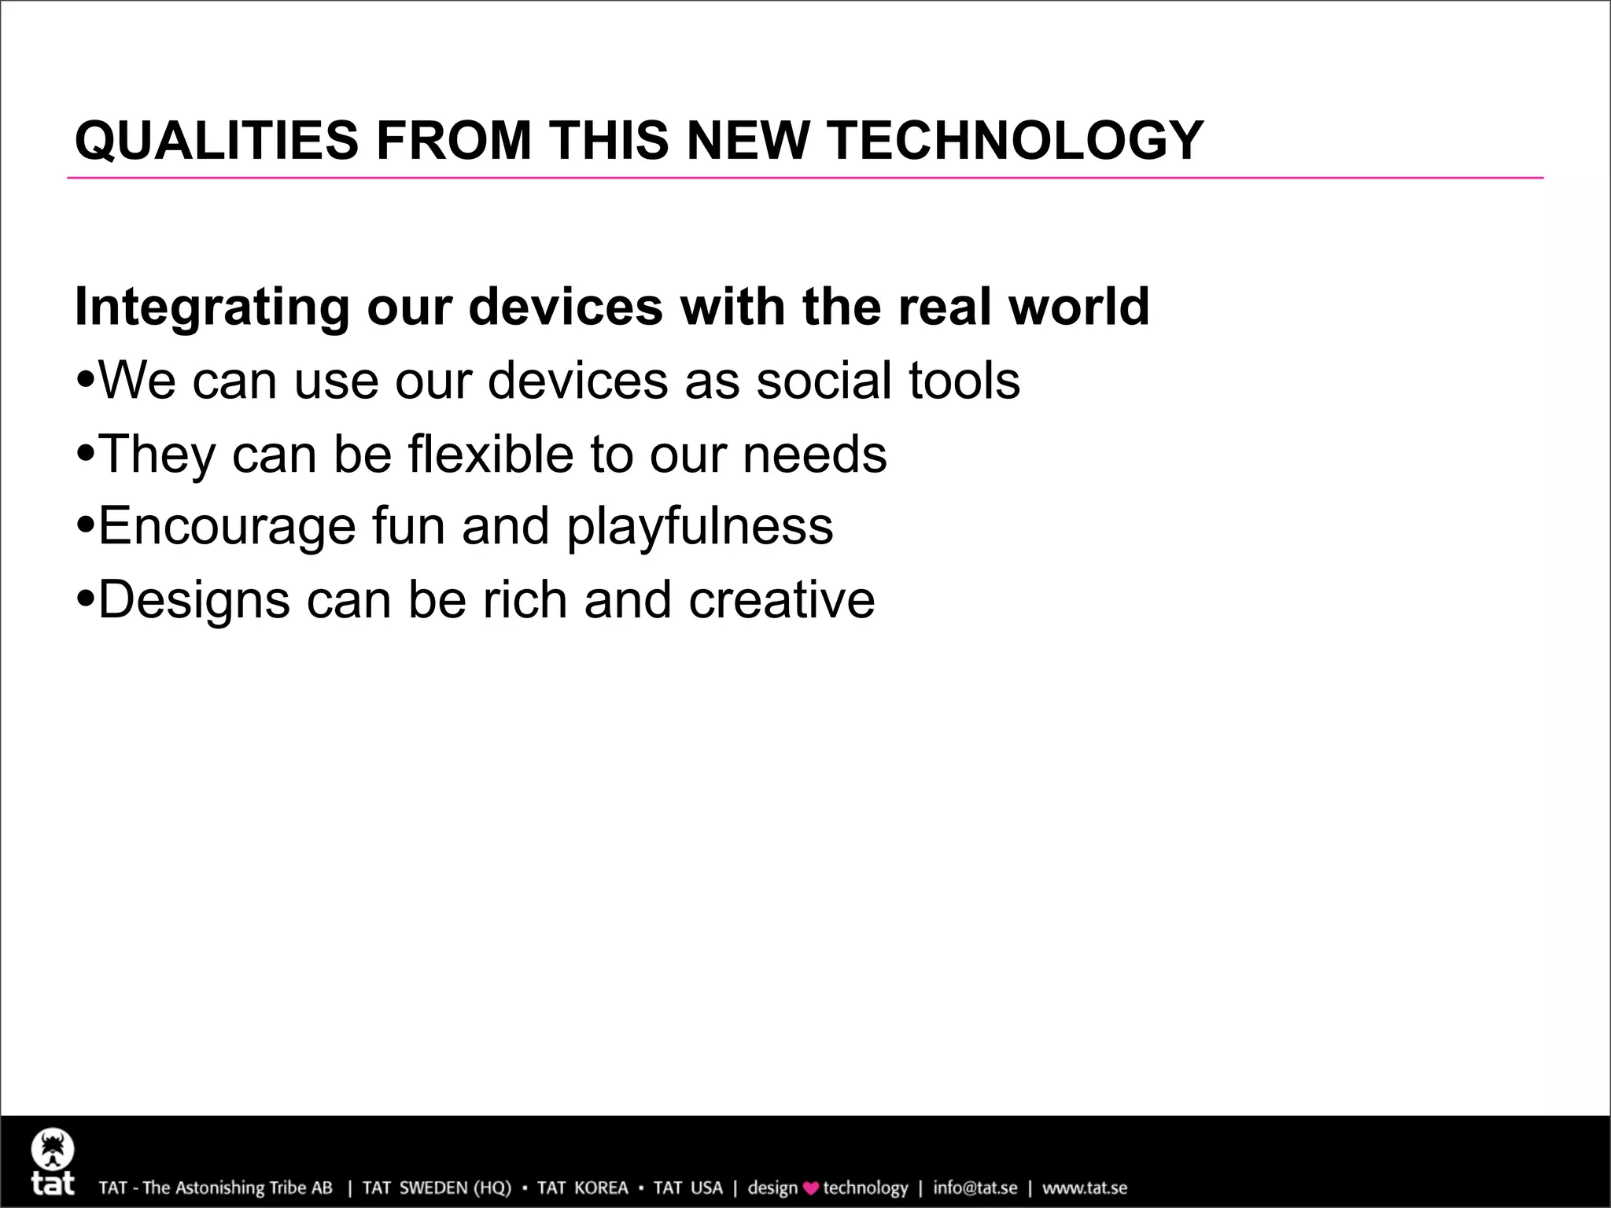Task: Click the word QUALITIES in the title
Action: (216, 141)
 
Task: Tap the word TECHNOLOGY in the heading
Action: (1015, 141)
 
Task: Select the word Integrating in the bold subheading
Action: (212, 307)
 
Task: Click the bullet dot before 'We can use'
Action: (86, 381)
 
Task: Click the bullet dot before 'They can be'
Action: (86, 455)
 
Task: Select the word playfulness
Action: (699, 526)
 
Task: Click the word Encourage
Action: (227, 526)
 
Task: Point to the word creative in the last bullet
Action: (781, 600)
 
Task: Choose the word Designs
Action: (194, 601)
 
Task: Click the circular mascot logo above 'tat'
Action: (53, 1151)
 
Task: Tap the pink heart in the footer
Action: (810, 1188)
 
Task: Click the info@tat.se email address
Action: (975, 1188)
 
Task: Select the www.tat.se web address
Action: (1085, 1188)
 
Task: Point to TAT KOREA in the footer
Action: (582, 1188)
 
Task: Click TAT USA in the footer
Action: (688, 1188)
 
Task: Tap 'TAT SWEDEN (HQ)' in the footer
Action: (437, 1188)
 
